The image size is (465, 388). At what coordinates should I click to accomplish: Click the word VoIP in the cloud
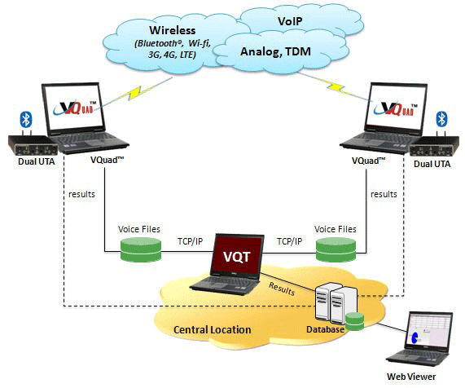tap(290, 21)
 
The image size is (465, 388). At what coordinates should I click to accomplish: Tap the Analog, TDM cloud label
tap(275, 51)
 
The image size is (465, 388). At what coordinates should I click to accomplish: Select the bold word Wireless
tap(173, 30)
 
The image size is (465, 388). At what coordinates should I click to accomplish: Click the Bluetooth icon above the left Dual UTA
tap(26, 119)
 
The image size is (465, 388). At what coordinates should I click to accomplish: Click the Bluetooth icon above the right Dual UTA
tap(442, 118)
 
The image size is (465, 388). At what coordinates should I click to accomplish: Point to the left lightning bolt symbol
tap(136, 93)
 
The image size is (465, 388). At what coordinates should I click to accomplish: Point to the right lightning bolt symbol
tap(336, 86)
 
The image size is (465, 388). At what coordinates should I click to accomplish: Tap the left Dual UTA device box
tap(33, 145)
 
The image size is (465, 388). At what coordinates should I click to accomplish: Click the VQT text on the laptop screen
tap(237, 257)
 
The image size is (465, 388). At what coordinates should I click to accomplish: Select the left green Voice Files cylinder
tap(141, 250)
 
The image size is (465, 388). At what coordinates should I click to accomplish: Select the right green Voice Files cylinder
tap(336, 249)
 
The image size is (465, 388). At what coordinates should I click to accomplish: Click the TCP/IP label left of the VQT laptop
tap(190, 241)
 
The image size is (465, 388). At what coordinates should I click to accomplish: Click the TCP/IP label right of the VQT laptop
tap(289, 241)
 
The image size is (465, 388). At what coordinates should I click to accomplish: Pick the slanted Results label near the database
tap(282, 289)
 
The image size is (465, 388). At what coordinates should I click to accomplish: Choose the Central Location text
tap(213, 330)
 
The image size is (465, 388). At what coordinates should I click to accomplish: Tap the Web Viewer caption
tap(411, 377)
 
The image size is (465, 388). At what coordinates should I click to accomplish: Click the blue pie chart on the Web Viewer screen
tap(415, 337)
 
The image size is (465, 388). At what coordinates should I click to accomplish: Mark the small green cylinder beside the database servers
tap(355, 321)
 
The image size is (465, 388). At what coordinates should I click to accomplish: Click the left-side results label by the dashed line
tap(82, 194)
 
